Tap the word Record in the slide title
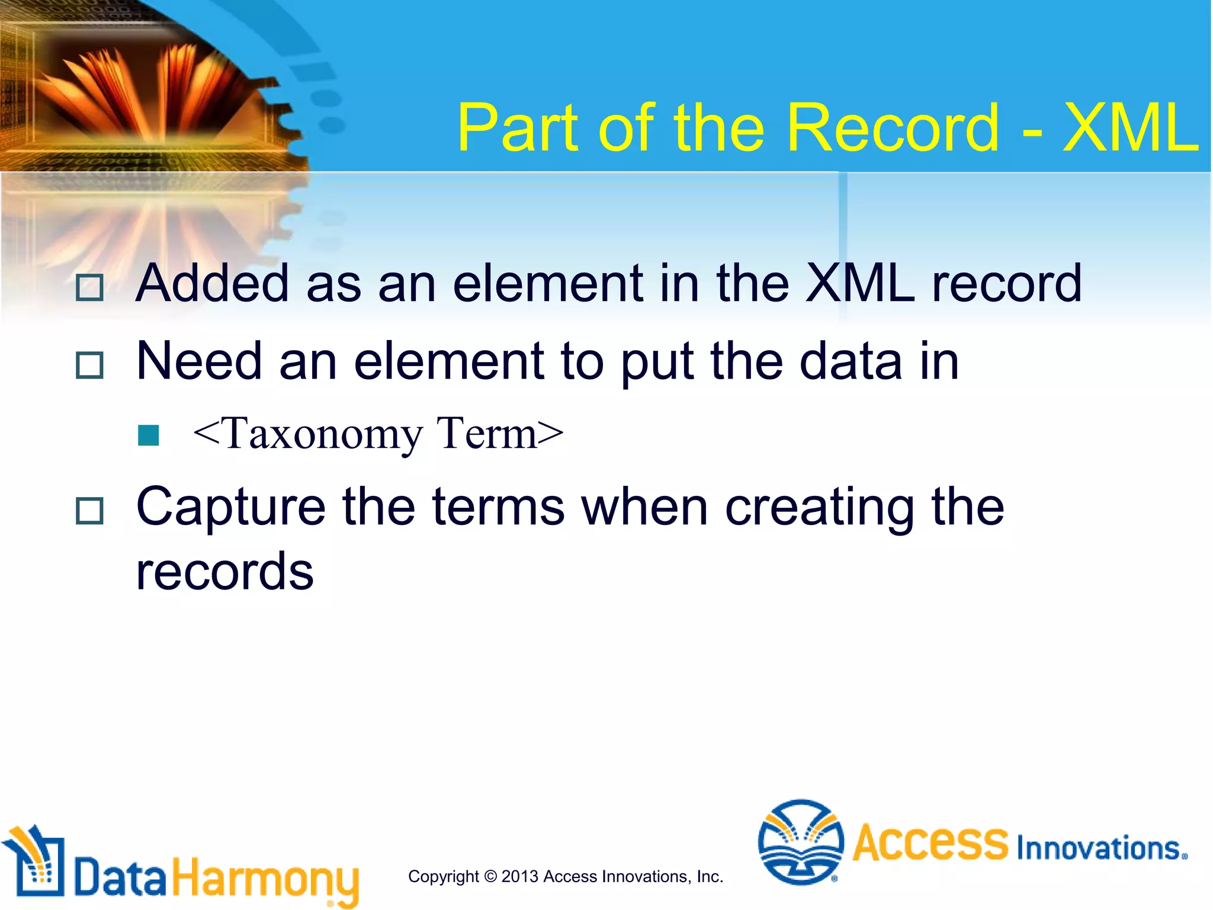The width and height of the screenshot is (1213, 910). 893,128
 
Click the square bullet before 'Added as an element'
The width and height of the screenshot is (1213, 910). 90,288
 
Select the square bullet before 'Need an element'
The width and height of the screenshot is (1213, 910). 90,365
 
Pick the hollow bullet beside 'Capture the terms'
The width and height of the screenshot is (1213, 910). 90,510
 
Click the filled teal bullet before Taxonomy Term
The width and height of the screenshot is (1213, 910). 148,435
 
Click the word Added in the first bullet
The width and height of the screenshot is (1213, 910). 212,283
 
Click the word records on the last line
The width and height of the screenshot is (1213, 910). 224,572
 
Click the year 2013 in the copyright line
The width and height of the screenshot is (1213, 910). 520,876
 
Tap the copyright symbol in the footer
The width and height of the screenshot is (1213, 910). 490,876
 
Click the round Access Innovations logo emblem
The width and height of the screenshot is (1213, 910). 800,842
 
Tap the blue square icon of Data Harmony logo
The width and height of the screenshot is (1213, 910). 38,866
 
